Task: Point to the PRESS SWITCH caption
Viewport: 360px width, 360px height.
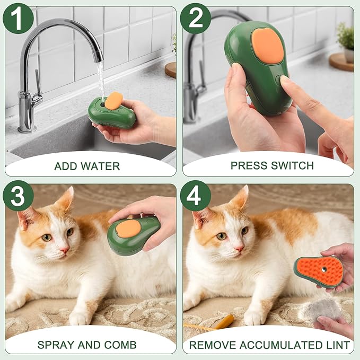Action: (x=272, y=165)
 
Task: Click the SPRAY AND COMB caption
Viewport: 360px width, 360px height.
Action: (x=87, y=345)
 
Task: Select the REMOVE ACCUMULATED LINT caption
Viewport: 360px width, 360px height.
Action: (x=270, y=345)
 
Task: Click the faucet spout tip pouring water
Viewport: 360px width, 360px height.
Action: (x=98, y=57)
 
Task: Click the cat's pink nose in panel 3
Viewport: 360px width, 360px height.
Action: (x=64, y=249)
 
